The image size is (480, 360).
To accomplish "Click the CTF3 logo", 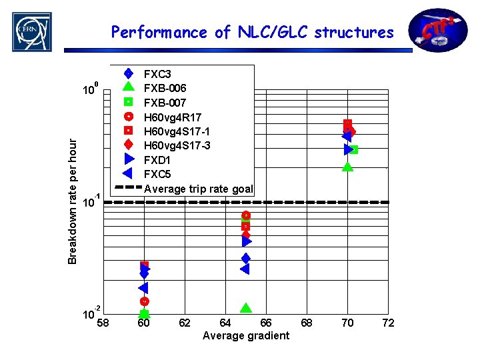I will (438, 30).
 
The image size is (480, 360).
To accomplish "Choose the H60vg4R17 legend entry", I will (173, 117).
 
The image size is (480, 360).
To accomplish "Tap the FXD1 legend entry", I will (157, 160).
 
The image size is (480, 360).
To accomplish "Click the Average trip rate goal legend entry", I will (198, 189).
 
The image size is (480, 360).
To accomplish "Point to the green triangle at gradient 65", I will (246, 307).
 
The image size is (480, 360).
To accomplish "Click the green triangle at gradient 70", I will (347, 166).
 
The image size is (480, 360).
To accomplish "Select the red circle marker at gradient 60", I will (144, 301).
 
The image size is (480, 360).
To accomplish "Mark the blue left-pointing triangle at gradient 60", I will (143, 288).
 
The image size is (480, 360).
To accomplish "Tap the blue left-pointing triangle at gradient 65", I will (244, 269).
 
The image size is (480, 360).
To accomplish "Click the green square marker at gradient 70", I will (354, 150).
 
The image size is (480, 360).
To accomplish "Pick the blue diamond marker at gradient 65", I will (246, 258).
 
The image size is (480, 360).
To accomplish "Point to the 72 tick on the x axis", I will (388, 323).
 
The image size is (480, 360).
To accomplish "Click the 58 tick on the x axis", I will (103, 323).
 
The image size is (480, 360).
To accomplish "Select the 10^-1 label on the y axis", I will (91, 202).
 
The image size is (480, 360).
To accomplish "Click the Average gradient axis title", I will (246, 335).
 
